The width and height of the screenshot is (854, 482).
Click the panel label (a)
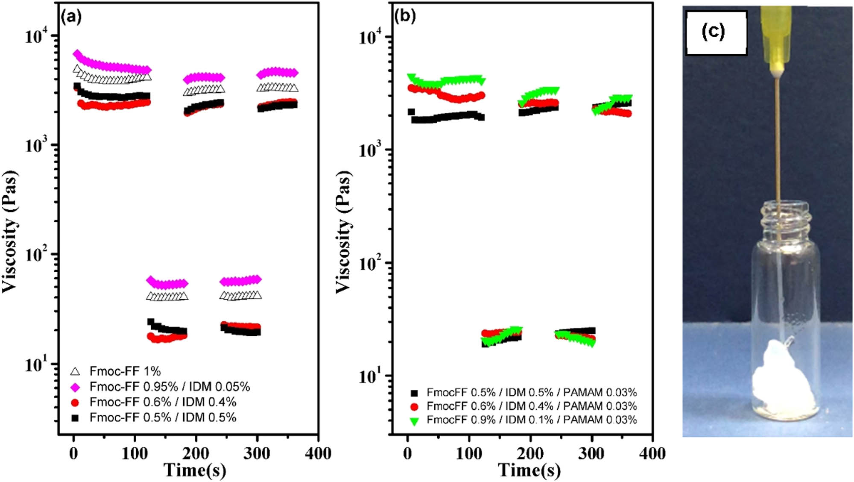pyautogui.click(x=71, y=17)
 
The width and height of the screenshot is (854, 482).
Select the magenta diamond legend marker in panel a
pyautogui.click(x=75, y=387)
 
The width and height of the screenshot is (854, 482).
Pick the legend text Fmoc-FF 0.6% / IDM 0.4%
pyautogui.click(x=162, y=402)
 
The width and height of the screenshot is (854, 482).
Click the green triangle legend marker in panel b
pyautogui.click(x=414, y=421)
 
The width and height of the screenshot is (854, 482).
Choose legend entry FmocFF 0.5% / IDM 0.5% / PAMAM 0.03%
pyautogui.click(x=531, y=392)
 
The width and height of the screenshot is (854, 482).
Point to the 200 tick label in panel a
pyautogui.click(x=196, y=453)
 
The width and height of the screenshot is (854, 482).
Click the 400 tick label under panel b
pyautogui.click(x=652, y=453)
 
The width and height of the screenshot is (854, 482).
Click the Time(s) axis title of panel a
pyautogui.click(x=195, y=470)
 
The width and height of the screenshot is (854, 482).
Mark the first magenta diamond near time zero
pyautogui.click(x=77, y=54)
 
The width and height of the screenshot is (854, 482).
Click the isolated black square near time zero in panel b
pyautogui.click(x=411, y=112)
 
